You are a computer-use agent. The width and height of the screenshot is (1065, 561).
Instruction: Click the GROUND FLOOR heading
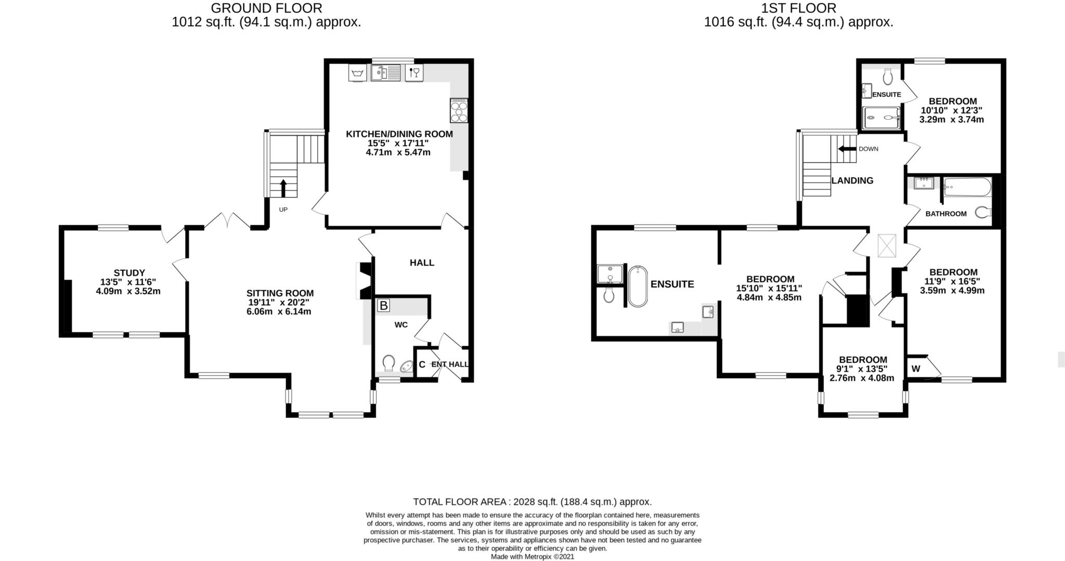tap(266, 8)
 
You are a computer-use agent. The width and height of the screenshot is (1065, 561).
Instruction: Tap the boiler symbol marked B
tap(383, 306)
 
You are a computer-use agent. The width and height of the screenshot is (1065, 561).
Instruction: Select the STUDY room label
tap(129, 272)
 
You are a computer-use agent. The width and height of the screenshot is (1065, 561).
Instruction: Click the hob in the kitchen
tap(459, 110)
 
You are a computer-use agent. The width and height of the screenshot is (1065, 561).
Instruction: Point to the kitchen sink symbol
tap(385, 73)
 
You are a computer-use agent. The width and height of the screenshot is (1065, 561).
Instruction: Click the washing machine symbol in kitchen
tap(357, 73)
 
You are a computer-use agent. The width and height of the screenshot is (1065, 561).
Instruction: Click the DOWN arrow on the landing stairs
tap(847, 149)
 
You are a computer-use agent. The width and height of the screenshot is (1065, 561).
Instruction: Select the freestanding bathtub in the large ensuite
tap(638, 286)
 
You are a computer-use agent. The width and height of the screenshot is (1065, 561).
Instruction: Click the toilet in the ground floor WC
tap(389, 362)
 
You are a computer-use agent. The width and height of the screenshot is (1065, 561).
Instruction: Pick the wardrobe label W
tap(916, 369)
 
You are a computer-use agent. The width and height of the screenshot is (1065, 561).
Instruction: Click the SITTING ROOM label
tap(280, 293)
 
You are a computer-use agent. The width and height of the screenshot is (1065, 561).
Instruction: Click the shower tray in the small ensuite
tap(881, 118)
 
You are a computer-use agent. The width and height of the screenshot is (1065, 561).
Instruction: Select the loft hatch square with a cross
tap(887, 246)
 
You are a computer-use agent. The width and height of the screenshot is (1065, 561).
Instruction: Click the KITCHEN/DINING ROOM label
tap(399, 134)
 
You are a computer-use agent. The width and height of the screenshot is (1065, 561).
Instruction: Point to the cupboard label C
tap(422, 364)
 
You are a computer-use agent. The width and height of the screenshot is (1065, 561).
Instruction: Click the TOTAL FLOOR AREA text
tap(531, 502)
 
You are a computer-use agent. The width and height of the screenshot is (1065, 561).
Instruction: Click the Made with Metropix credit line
tap(532, 556)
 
